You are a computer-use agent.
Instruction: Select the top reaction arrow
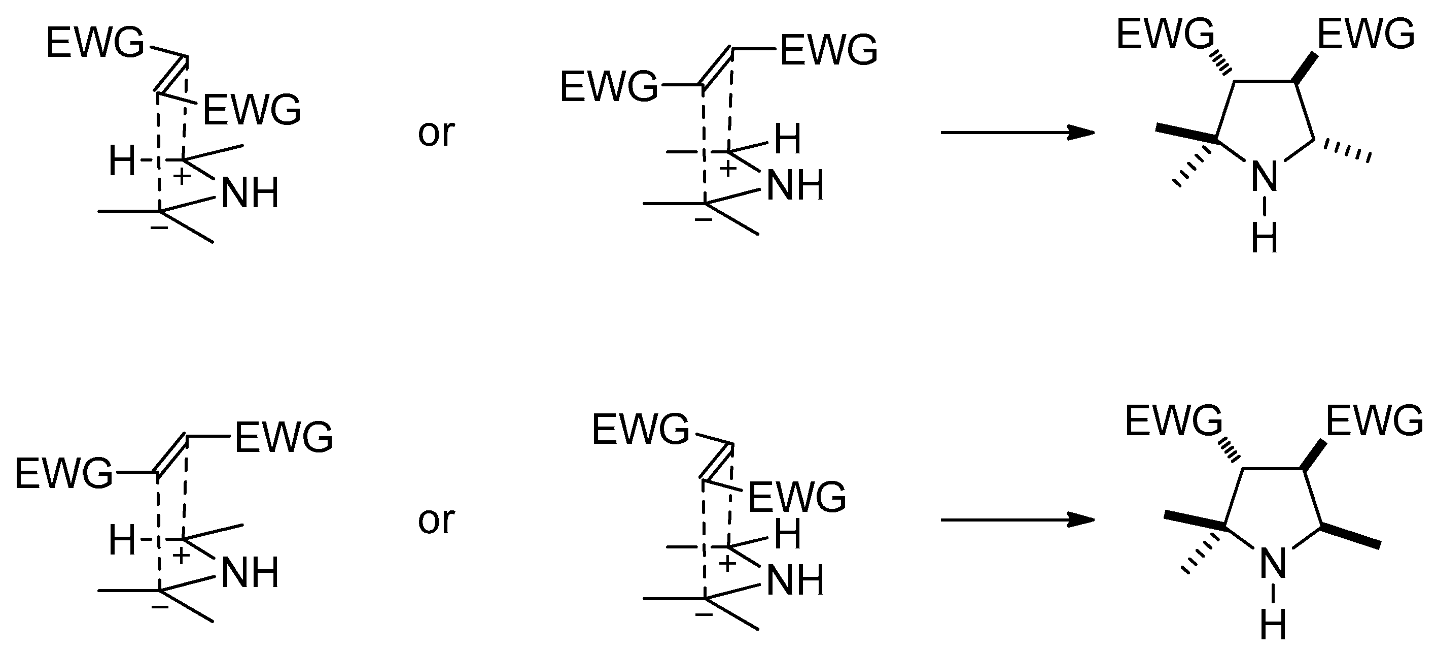tap(1017, 133)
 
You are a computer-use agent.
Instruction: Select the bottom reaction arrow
tap(1017, 520)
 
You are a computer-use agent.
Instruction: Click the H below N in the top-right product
tap(1265, 239)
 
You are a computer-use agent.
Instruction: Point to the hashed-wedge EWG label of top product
tap(1165, 34)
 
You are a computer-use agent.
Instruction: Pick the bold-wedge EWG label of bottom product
tap(1374, 421)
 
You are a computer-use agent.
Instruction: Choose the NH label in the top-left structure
tap(250, 193)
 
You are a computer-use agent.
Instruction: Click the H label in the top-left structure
tap(122, 161)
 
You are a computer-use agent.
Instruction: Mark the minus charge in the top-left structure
tap(159, 227)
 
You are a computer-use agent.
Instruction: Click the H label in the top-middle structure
tap(788, 139)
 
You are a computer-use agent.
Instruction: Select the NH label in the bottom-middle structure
tap(795, 580)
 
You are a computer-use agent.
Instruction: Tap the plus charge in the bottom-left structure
tap(181, 556)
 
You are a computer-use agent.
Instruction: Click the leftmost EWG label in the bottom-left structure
tap(63, 474)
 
